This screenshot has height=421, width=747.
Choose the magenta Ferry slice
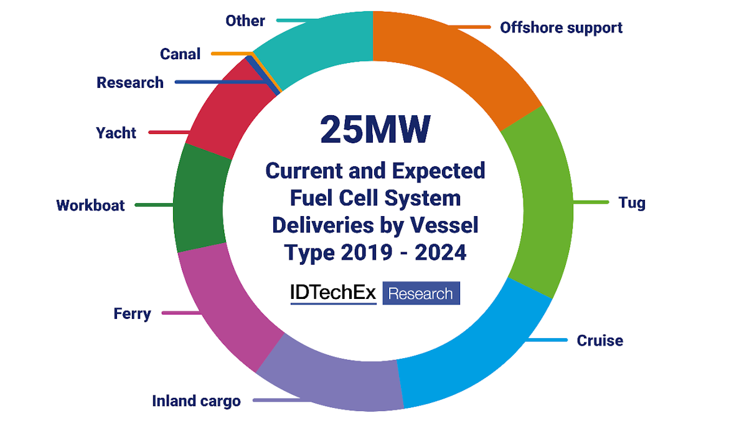pyautogui.click(x=224, y=305)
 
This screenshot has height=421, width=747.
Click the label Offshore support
pyautogui.click(x=561, y=28)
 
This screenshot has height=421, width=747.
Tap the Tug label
pyautogui.click(x=632, y=203)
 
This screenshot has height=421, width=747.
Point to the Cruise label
pyautogui.click(x=599, y=341)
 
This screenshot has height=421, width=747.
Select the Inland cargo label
pyautogui.click(x=196, y=401)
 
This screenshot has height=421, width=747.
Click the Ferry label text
pyautogui.click(x=132, y=313)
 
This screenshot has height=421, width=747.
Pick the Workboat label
pyautogui.click(x=90, y=205)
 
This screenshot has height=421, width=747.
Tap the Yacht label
pyautogui.click(x=116, y=133)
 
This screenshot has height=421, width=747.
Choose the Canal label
pyautogui.click(x=180, y=54)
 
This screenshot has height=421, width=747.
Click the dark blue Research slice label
pyautogui.click(x=130, y=82)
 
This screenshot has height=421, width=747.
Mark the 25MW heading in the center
pyautogui.click(x=375, y=130)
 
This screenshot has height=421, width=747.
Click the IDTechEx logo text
pyautogui.click(x=334, y=293)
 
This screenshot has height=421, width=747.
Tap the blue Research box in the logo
pyautogui.click(x=421, y=293)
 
